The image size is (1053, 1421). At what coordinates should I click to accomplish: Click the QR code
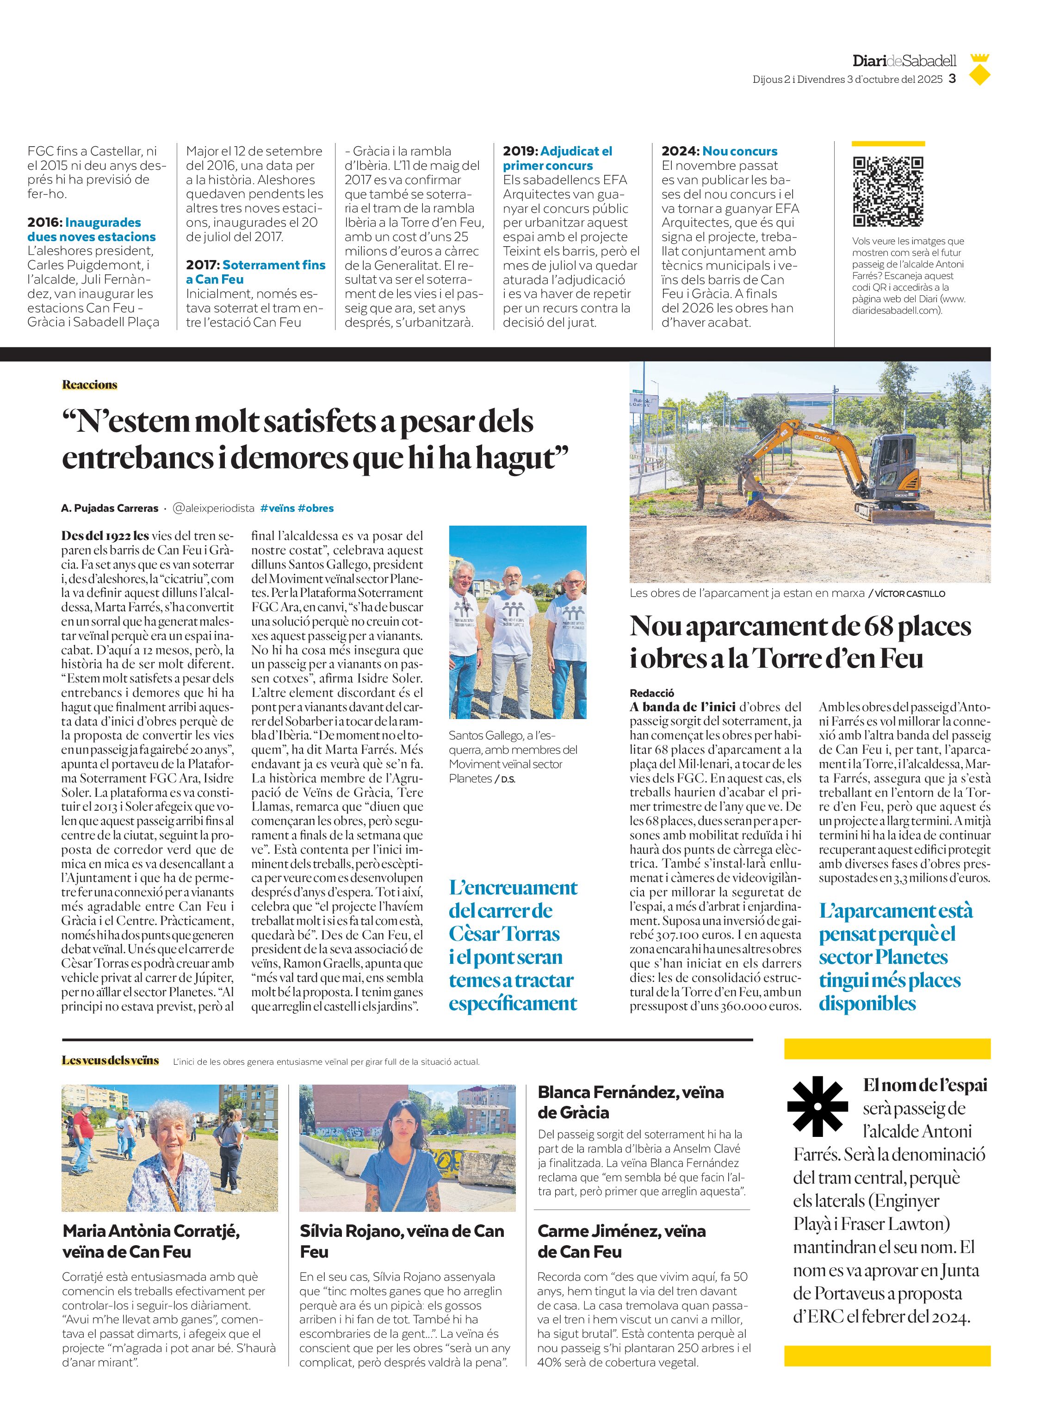888,191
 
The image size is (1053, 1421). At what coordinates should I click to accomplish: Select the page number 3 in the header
952,79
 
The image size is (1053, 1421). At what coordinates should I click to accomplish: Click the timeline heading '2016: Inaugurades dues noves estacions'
91,230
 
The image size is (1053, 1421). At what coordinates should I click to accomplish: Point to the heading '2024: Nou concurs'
719,151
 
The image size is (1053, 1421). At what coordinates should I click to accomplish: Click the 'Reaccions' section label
90,385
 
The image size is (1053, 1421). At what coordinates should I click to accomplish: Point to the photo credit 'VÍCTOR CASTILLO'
910,594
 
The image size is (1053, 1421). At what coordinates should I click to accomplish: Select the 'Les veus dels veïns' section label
110,1060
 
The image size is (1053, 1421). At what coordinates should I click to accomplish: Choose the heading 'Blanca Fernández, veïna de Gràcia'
631,1102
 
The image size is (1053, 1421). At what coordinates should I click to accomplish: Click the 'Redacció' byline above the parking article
651,693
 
